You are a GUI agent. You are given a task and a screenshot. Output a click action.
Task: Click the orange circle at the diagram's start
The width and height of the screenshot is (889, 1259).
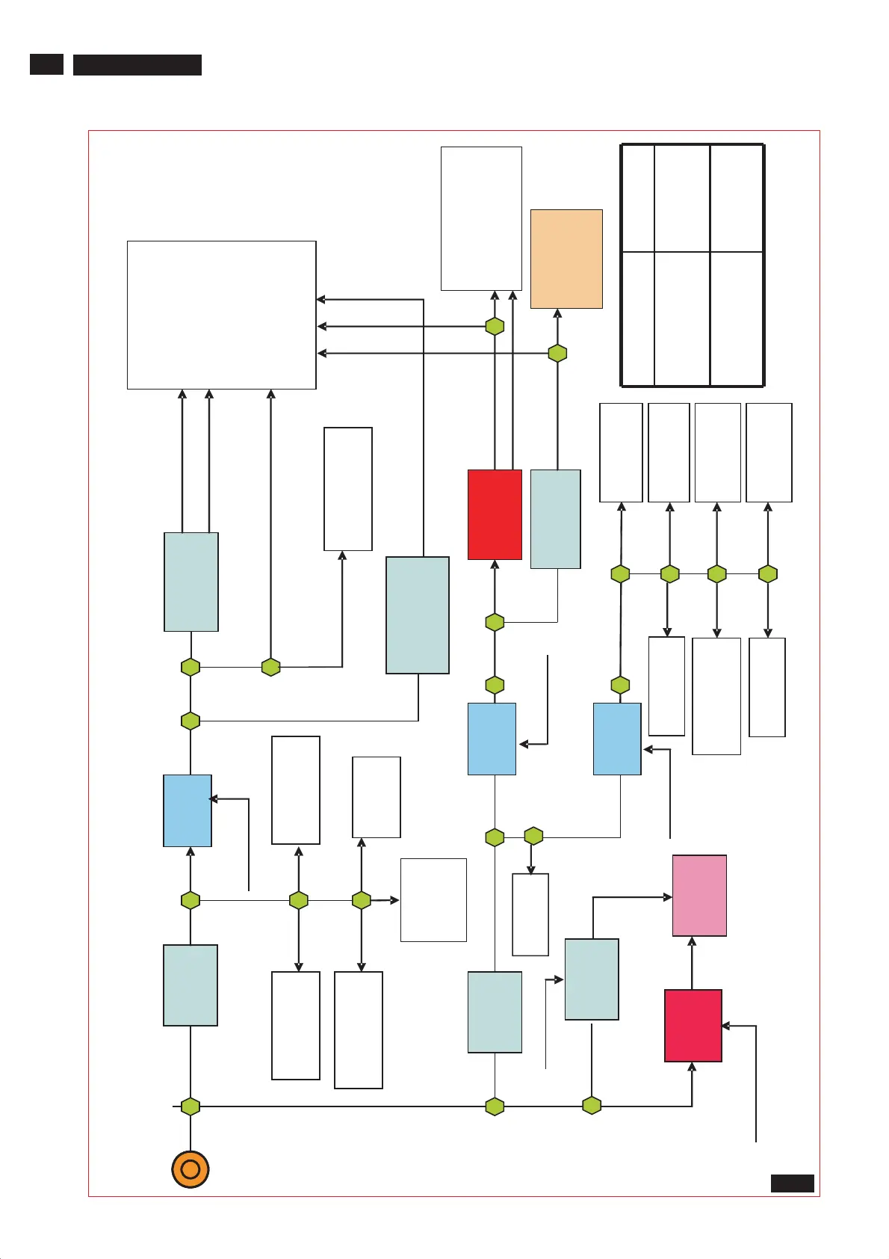coord(190,1169)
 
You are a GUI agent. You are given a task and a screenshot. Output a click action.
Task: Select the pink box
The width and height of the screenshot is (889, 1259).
coord(699,896)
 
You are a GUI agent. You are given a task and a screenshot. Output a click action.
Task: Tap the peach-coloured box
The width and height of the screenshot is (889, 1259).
coord(566,259)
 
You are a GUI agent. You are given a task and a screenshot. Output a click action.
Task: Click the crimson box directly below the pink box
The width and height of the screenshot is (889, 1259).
coord(693,1026)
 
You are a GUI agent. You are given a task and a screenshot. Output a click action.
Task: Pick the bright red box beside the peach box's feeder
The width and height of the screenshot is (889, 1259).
coord(495,514)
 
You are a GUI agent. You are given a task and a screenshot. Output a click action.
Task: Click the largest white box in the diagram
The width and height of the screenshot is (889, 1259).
coord(222,315)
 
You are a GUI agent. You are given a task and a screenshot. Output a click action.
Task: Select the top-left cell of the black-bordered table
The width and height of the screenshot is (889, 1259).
coord(638,198)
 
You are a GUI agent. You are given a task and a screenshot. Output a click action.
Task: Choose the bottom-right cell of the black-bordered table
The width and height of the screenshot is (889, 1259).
coord(736,318)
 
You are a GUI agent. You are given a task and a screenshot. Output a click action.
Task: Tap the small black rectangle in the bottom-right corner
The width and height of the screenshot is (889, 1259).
coord(792,1183)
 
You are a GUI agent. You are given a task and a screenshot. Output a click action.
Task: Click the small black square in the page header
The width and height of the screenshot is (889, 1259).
coord(46,65)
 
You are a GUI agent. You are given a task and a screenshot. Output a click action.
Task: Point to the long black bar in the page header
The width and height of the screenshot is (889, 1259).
coord(137,65)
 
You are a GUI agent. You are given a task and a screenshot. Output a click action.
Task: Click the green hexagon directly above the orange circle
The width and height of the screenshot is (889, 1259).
coord(190,1106)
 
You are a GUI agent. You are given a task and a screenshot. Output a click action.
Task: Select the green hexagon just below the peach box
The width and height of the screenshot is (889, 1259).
coord(557,353)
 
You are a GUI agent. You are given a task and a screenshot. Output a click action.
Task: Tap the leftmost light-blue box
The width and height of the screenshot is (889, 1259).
coord(188,810)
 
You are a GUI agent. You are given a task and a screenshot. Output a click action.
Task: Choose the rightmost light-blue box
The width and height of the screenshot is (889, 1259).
coord(617,739)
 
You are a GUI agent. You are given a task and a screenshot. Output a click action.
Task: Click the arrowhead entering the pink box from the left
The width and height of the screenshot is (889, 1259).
coord(668,897)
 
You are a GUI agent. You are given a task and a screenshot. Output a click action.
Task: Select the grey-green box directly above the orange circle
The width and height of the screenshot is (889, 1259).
coord(190,985)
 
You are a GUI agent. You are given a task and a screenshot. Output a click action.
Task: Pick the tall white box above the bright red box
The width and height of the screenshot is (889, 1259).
coord(481,218)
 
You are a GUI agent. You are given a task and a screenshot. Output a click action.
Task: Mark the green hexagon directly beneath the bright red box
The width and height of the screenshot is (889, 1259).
coord(495,622)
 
